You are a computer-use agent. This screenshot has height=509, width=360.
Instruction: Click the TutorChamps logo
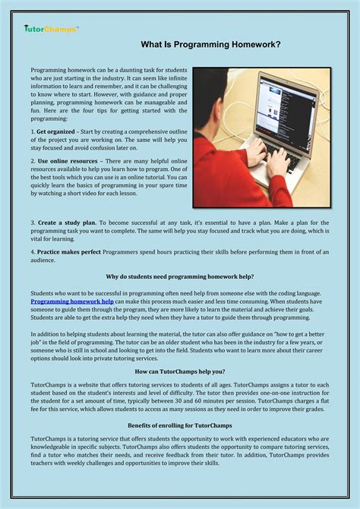(x=50, y=29)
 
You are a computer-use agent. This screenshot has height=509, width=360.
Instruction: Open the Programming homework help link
(x=72, y=302)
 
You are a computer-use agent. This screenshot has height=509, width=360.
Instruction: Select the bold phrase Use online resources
(x=68, y=162)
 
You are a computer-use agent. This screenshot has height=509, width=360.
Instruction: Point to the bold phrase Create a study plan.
(x=66, y=222)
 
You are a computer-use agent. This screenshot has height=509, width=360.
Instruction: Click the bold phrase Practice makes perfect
(x=72, y=251)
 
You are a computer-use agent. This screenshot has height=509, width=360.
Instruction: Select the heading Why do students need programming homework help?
(x=180, y=277)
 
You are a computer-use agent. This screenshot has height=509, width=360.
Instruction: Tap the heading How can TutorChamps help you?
(x=180, y=371)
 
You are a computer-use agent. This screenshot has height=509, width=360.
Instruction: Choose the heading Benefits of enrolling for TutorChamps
(x=180, y=425)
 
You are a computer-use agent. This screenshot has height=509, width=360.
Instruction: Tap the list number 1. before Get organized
(x=33, y=131)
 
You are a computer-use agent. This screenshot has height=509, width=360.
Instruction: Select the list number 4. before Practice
(x=33, y=251)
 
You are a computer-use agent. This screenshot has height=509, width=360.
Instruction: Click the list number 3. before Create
(x=33, y=222)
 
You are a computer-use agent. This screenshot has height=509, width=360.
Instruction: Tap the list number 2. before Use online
(x=33, y=162)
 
